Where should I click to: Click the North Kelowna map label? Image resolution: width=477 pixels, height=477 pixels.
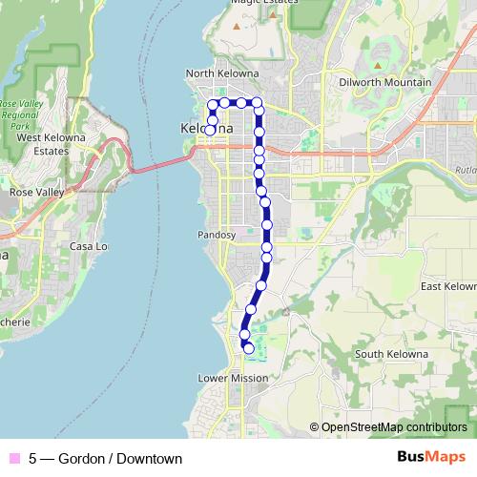point(223,73)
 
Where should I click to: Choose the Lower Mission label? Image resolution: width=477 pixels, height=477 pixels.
point(233,378)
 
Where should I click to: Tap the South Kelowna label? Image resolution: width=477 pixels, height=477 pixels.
point(391,355)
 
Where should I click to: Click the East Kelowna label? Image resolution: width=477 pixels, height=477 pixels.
point(448,286)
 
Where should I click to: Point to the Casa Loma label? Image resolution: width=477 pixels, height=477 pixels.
point(88,246)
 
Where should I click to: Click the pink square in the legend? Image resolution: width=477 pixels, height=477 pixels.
point(14,459)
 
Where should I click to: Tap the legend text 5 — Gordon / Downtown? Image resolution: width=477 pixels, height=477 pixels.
point(105,459)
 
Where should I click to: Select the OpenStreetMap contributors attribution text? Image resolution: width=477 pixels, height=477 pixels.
point(394,427)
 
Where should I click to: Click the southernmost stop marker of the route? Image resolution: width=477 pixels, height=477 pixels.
point(249,348)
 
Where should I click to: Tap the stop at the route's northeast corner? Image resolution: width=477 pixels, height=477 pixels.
point(257,102)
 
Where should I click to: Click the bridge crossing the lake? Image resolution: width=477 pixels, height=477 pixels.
point(153,166)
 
